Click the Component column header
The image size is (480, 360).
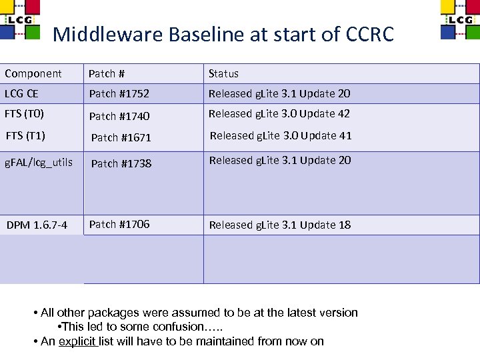33,73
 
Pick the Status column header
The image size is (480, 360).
223,73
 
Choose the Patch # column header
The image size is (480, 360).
107,73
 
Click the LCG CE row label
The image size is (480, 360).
22,93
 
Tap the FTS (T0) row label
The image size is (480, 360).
25,113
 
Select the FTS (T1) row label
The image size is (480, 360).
25,136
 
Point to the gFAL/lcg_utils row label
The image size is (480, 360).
39,161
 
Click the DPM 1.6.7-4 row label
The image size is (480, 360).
37,225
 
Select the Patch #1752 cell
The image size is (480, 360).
119,93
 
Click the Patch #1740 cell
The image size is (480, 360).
119,116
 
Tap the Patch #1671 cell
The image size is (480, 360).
121,137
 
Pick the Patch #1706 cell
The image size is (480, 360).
119,224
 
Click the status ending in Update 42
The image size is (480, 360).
279,113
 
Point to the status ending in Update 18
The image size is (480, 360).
280,225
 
